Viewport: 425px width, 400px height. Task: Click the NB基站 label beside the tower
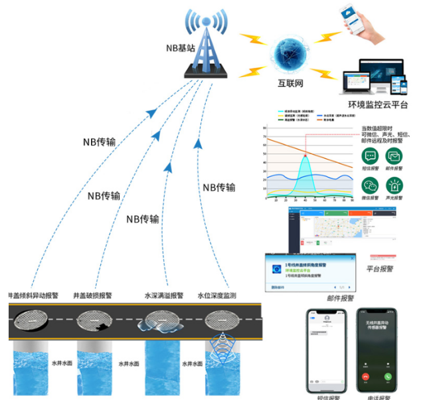pos(181,49)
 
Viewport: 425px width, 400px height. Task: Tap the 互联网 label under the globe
pos(290,84)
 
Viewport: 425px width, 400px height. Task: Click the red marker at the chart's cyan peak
pos(305,156)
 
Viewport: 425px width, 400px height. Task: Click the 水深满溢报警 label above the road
pos(163,296)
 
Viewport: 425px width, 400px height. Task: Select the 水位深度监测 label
pos(216,296)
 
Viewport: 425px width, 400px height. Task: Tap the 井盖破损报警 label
pos(92,296)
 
